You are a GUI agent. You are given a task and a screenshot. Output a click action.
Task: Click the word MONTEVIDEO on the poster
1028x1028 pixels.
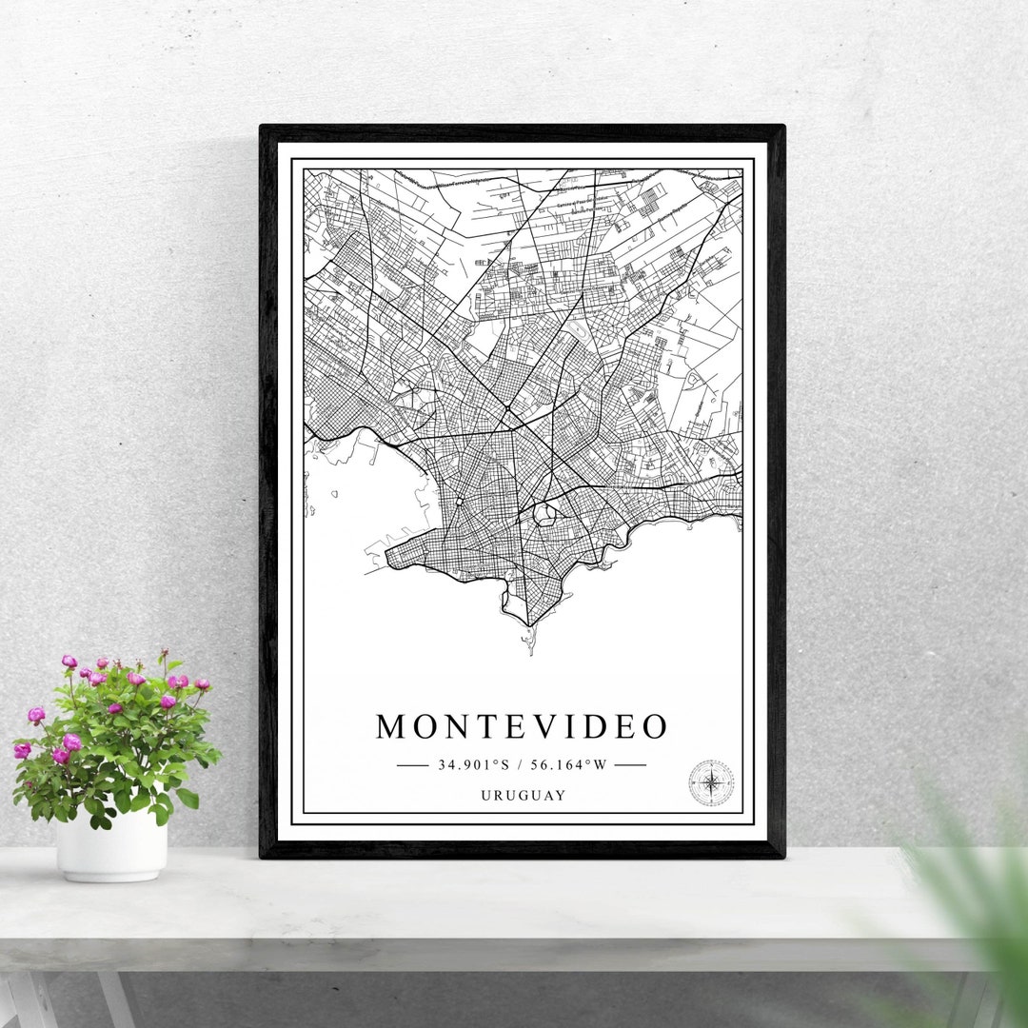(522, 727)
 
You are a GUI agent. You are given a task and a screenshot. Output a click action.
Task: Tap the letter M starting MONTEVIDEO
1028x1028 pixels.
(391, 727)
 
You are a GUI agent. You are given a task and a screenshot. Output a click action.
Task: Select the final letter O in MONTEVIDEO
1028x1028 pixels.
(654, 727)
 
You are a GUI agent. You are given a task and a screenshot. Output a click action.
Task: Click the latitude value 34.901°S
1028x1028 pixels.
(473, 764)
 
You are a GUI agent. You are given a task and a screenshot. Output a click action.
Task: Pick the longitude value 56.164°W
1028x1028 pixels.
(568, 764)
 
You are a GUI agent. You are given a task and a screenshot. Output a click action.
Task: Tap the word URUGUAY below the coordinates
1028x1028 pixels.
(523, 796)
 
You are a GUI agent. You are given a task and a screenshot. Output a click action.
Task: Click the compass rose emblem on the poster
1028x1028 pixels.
(711, 782)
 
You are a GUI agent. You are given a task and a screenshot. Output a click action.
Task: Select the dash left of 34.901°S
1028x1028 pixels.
(412, 764)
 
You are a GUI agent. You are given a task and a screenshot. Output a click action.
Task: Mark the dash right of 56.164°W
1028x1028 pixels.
(630, 764)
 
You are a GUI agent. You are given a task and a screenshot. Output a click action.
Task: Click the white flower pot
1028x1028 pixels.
(111, 845)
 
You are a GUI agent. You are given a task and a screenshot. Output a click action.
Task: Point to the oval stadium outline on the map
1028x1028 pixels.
(544, 515)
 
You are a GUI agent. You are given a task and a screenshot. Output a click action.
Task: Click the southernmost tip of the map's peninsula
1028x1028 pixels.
(529, 628)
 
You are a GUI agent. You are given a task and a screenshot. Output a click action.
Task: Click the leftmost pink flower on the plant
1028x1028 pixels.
(20, 751)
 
